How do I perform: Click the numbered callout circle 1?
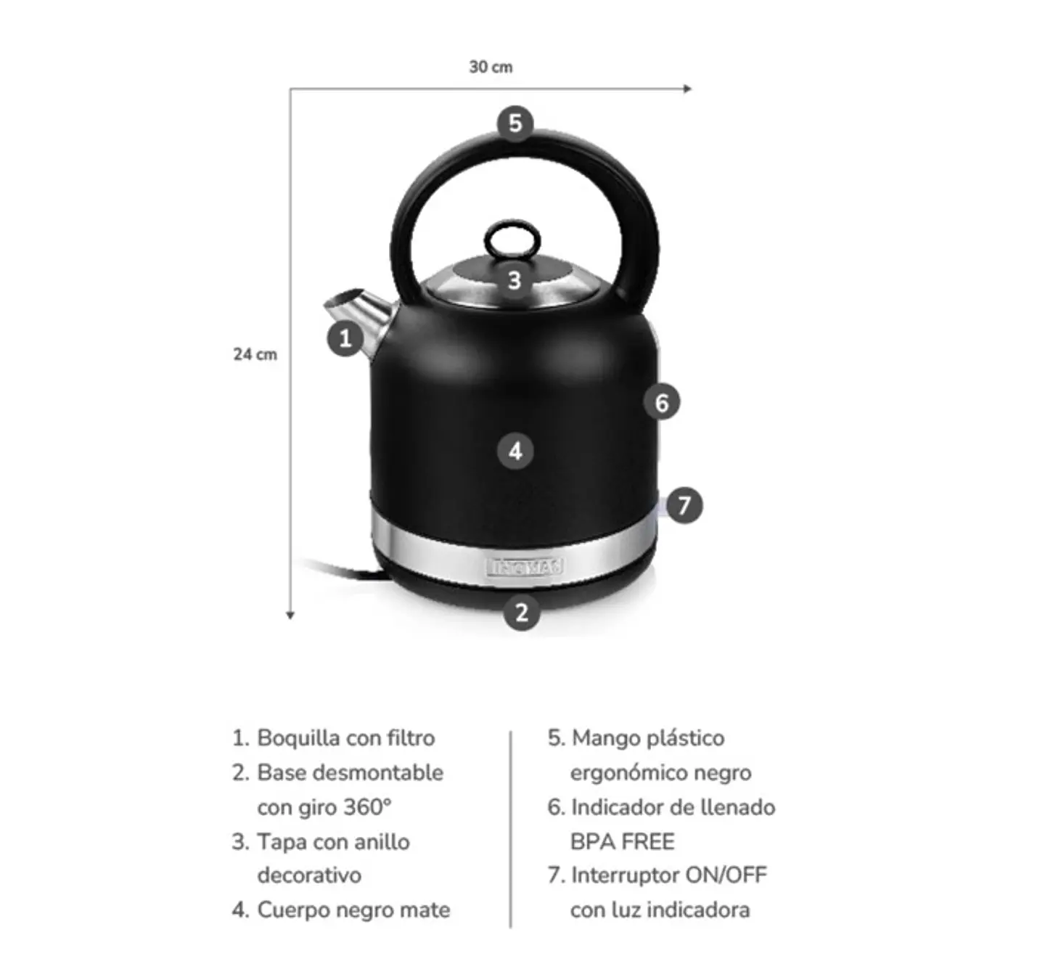click(345, 338)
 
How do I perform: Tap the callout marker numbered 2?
click(522, 612)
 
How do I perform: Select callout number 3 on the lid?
click(515, 280)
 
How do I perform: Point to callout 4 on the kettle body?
click(515, 451)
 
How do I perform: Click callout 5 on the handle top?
click(515, 123)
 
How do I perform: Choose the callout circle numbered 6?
click(662, 402)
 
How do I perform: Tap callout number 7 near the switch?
click(684, 505)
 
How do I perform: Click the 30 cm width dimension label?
click(491, 67)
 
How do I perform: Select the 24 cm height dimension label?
click(255, 354)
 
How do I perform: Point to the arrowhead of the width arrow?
click(688, 89)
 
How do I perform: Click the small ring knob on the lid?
click(513, 237)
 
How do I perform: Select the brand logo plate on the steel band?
click(524, 567)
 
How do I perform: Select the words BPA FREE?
click(622, 841)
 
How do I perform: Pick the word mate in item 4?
click(426, 909)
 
